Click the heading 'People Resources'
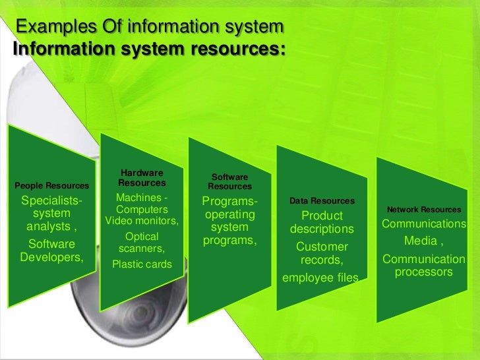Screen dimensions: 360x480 pos(51,187)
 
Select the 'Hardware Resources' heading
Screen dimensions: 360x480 pos(142,178)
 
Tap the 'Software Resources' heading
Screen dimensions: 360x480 pos(229,182)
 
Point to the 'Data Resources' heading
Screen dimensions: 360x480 pos(322,200)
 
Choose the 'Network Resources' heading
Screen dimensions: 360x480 pos(424,210)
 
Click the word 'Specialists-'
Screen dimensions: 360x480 pos(52,201)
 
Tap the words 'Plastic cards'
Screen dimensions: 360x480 pos(142,264)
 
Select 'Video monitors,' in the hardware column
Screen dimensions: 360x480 pos(142,221)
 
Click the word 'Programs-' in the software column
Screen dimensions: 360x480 pos(229,201)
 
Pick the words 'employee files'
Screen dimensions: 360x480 pos(320,278)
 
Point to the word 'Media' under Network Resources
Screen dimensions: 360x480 pos(420,241)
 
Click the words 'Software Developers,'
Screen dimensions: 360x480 pos(52,251)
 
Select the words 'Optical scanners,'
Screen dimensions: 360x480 pos(142,242)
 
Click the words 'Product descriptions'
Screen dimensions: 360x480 pos(322,223)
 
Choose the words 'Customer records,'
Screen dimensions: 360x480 pos(322,254)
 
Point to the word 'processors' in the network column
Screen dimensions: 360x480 pos(423,272)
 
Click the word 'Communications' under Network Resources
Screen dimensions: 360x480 pos(424,224)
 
